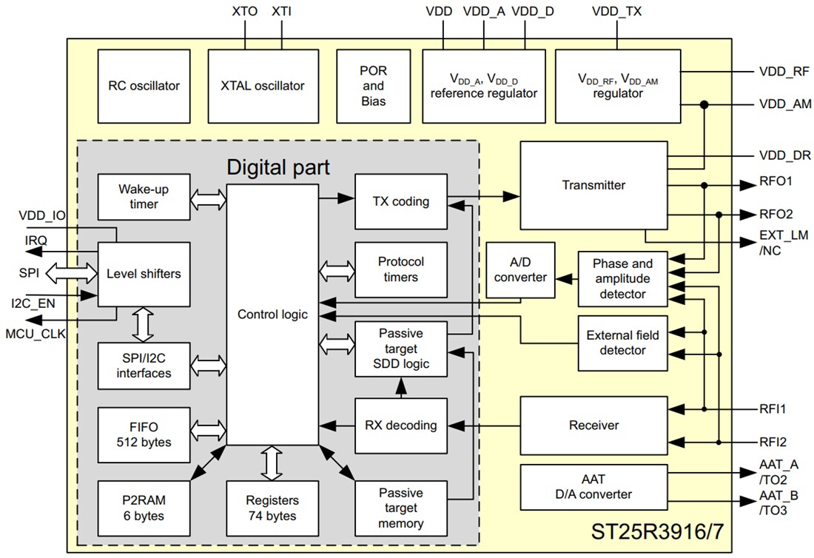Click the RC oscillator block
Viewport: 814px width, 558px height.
pyautogui.click(x=144, y=86)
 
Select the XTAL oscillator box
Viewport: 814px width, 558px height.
pyautogui.click(x=262, y=86)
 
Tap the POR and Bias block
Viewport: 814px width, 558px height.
pyautogui.click(x=373, y=86)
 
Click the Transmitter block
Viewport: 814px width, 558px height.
pyautogui.click(x=593, y=185)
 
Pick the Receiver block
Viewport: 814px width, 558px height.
pyautogui.click(x=593, y=426)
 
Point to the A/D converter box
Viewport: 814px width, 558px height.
pyautogui.click(x=520, y=269)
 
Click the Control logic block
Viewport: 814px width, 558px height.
pyautogui.click(x=272, y=315)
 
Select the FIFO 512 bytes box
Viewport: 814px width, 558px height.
pyautogui.click(x=144, y=434)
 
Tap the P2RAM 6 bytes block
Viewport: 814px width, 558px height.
pyautogui.click(x=144, y=508)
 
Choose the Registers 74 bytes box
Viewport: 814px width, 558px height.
pyautogui.click(x=272, y=508)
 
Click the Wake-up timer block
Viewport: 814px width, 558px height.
pyautogui.click(x=144, y=197)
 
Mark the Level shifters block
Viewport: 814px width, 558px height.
pyautogui.click(x=144, y=274)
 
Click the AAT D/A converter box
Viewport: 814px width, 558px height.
pyautogui.click(x=593, y=487)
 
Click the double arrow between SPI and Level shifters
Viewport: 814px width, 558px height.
pyautogui.click(x=72, y=274)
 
